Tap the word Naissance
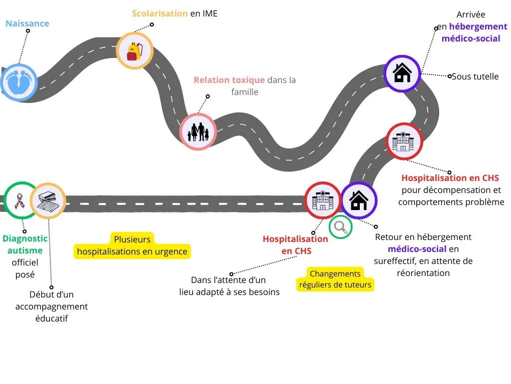pyautogui.click(x=27, y=23)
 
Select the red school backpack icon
pyautogui.click(x=134, y=51)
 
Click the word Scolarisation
pyautogui.click(x=160, y=13)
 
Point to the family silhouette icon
pyautogui.click(x=198, y=131)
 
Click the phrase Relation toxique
pyautogui.click(x=229, y=80)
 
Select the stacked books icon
pyautogui.click(x=48, y=201)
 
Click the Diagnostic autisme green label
pyautogui.click(x=25, y=244)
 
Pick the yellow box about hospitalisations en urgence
pyautogui.click(x=132, y=245)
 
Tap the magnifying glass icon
pyautogui.click(x=341, y=227)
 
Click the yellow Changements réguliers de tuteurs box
pyautogui.click(x=335, y=279)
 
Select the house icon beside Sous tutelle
pyautogui.click(x=402, y=73)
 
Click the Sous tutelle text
pyautogui.click(x=475, y=76)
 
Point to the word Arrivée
pyautogui.click(x=471, y=14)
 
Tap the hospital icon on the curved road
pyautogui.click(x=404, y=141)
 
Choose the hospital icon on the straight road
pyautogui.click(x=322, y=200)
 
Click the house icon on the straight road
pyautogui.click(x=359, y=200)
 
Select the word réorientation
pyautogui.click(x=423, y=273)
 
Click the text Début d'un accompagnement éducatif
pyautogui.click(x=51, y=306)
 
